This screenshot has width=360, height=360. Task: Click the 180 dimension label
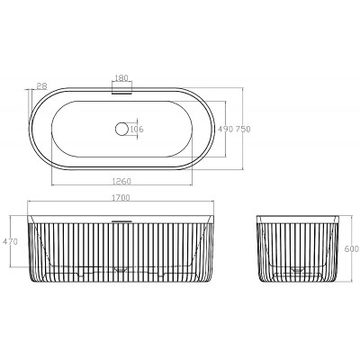point(121,77)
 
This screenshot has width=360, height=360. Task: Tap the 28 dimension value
point(42,86)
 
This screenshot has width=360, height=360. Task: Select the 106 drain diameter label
point(137,130)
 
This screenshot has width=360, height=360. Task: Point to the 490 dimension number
point(225,130)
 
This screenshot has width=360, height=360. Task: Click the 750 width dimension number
point(242,130)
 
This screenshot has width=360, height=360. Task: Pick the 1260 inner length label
point(121,181)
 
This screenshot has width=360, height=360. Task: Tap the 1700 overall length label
point(121,198)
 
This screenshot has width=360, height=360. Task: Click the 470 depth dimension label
point(11,241)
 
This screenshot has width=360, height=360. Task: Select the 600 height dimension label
point(353,248)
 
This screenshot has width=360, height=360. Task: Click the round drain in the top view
point(121,129)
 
